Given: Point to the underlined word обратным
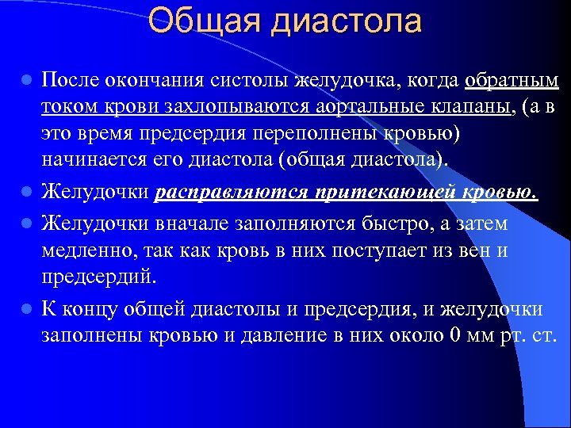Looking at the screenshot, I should tap(512, 81).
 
